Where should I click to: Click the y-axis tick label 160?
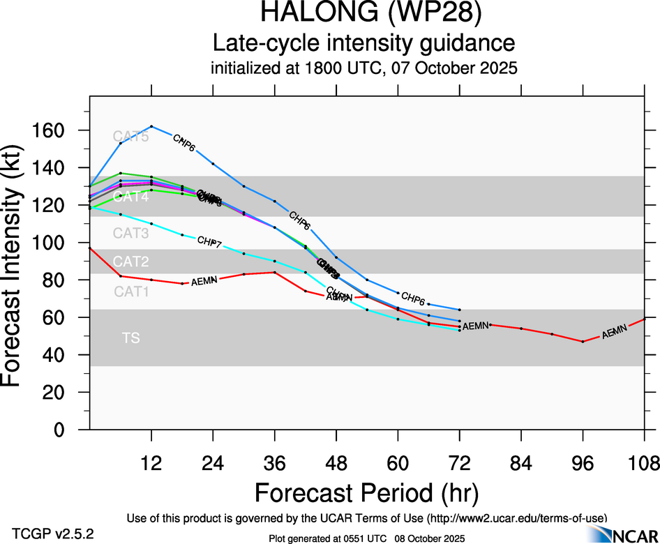[x=52, y=130]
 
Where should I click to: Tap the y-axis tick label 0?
[x=67, y=430]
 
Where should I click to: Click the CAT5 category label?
[x=132, y=136]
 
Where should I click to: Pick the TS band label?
[x=130, y=338]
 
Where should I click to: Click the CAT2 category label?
[x=131, y=262]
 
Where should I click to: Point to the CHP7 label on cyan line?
[x=209, y=242]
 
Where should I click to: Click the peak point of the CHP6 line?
[x=151, y=126]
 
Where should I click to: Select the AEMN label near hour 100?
[x=615, y=333]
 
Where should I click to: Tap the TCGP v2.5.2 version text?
[x=53, y=534]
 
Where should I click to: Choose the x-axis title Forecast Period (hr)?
[x=366, y=493]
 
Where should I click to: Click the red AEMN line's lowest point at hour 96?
[x=583, y=341]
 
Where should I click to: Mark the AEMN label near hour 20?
[x=204, y=280]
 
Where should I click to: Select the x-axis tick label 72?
[x=459, y=463]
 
